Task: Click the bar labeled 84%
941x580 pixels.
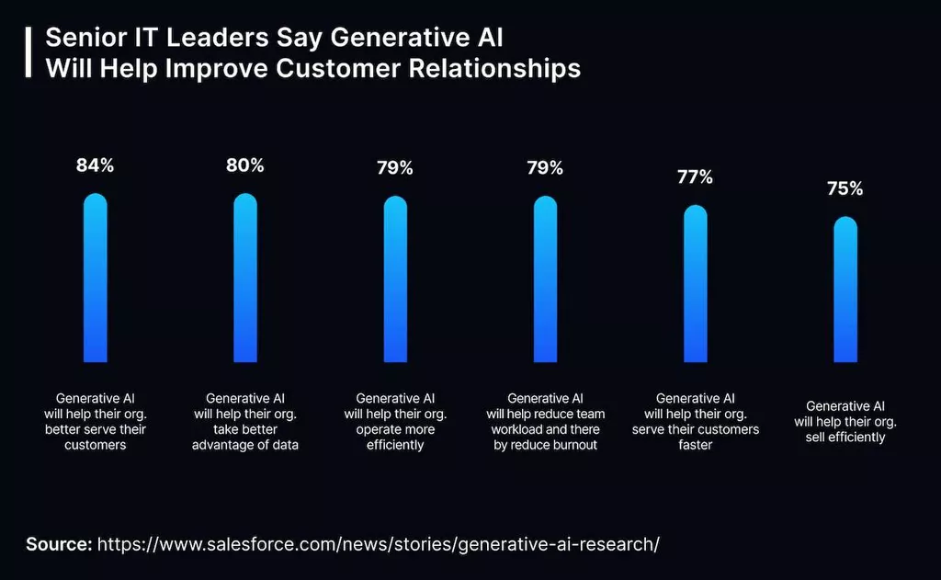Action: [x=96, y=278]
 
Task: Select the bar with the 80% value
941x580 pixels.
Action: [x=245, y=278]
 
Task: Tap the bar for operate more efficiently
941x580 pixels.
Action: [x=395, y=279]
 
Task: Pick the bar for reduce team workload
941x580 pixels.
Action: [x=545, y=279]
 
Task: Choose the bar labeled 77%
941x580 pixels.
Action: [x=696, y=283]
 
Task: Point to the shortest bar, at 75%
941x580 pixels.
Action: [x=845, y=290]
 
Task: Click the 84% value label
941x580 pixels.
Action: [x=96, y=166]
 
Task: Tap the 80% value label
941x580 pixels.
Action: [x=245, y=166]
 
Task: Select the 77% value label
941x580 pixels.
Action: [x=696, y=177]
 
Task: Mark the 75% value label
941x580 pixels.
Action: [x=845, y=189]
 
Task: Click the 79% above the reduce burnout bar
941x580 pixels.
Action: [x=545, y=168]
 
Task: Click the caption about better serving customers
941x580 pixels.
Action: [x=96, y=422]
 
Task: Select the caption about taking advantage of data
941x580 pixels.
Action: [x=245, y=422]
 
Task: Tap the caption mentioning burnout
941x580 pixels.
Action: [x=545, y=422]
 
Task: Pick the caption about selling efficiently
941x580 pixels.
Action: [x=845, y=422]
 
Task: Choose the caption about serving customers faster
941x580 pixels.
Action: [x=696, y=422]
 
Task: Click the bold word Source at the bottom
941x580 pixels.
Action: [x=58, y=543]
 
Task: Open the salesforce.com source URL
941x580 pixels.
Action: [x=378, y=543]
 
